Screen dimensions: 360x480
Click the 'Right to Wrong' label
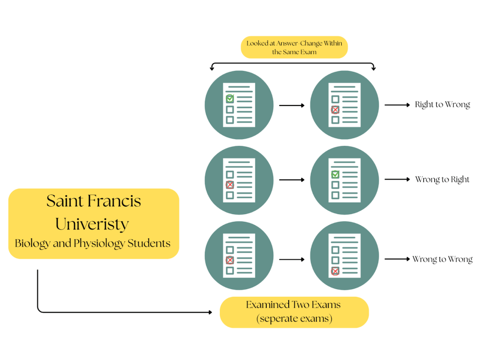coord(442,105)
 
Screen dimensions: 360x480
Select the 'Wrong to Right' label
coord(442,180)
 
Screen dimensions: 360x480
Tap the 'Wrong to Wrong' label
coord(442,259)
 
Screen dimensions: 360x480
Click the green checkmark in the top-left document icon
coord(230,99)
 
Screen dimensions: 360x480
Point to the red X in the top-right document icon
coord(335,110)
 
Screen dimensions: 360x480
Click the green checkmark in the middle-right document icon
coord(335,174)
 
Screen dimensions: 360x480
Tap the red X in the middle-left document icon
coord(230,185)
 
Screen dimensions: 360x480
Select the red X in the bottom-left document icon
coord(230,260)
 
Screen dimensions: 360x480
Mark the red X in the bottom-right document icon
coord(335,271)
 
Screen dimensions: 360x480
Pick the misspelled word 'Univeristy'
coord(92,224)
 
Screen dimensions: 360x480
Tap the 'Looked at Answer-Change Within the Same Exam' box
coord(294,47)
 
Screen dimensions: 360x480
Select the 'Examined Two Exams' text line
coord(293,305)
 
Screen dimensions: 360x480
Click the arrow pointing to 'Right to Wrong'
coord(397,105)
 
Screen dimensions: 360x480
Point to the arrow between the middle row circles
coord(292,180)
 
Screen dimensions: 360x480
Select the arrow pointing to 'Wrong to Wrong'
coord(397,259)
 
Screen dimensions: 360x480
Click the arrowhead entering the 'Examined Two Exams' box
coord(210,312)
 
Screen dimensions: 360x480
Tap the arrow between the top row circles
coord(292,105)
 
